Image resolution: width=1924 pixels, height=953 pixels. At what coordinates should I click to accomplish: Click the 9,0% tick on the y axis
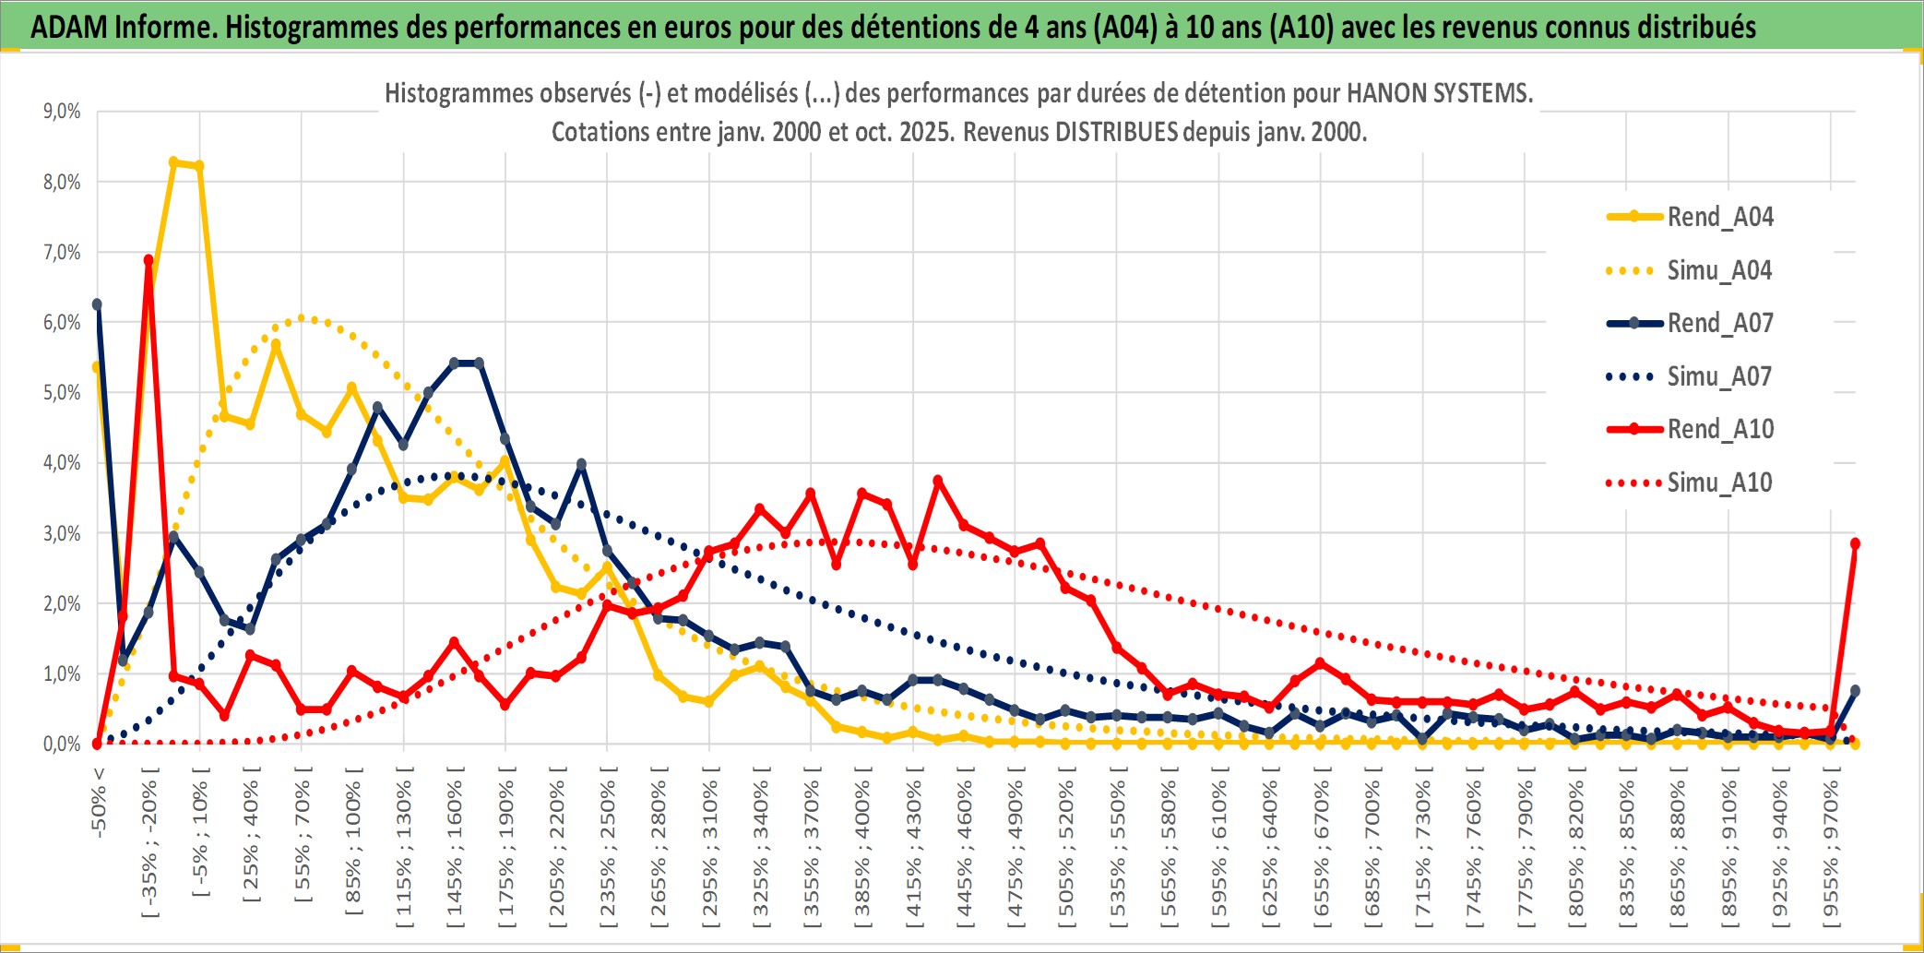(x=62, y=112)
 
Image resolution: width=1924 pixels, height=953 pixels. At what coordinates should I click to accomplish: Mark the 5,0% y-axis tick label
(x=62, y=393)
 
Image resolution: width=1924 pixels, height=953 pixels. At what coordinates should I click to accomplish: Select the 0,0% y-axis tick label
(x=62, y=744)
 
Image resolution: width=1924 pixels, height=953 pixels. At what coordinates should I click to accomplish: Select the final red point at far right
(x=1855, y=543)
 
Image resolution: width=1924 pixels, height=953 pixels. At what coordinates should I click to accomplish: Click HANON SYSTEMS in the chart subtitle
(x=1439, y=93)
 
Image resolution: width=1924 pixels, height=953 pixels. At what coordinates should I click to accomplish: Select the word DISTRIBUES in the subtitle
(x=1116, y=132)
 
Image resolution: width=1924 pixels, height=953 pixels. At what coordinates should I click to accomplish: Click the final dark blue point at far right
(x=1855, y=690)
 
